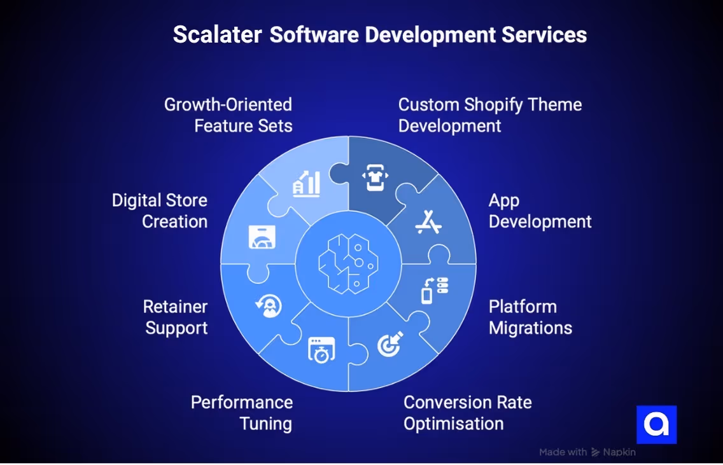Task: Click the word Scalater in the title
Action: [217, 34]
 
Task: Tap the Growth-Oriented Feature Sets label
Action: [228, 115]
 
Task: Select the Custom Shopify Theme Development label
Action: [489, 115]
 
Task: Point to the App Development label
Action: [540, 211]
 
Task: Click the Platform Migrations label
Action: [530, 317]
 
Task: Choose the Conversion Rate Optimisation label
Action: [467, 413]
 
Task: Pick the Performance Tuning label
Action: [242, 413]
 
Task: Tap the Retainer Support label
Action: [176, 317]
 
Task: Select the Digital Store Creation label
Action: [160, 211]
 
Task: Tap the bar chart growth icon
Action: [307, 183]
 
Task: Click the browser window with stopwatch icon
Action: [321, 349]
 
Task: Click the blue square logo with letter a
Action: [656, 424]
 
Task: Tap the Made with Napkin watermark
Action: [587, 452]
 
